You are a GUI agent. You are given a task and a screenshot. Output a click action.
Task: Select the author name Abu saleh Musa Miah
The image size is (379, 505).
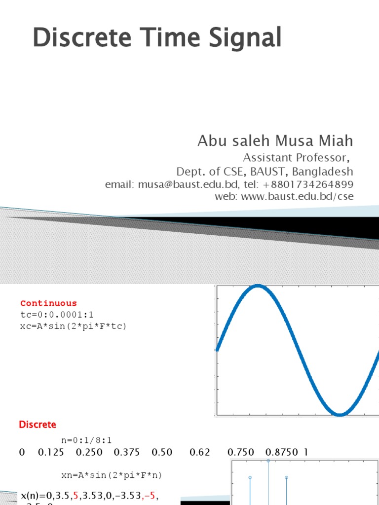click(275, 141)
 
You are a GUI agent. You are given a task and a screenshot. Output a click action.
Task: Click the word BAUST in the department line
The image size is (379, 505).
click(270, 172)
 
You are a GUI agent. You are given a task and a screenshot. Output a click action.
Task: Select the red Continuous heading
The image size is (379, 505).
click(48, 303)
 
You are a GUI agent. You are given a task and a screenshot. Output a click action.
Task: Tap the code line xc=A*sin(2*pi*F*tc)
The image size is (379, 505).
click(73, 326)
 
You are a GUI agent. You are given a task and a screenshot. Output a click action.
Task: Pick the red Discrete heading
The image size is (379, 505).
click(38, 424)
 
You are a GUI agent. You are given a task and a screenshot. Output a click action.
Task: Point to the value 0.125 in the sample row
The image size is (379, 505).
click(51, 452)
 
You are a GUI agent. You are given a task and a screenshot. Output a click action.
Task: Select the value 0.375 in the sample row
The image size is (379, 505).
click(127, 452)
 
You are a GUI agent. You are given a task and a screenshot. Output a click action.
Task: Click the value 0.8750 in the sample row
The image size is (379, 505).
click(282, 452)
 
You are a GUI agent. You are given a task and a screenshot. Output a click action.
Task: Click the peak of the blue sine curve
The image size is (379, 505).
click(257, 286)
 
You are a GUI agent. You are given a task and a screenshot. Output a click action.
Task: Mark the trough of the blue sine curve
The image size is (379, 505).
click(340, 414)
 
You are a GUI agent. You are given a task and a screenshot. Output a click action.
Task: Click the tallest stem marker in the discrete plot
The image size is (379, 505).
click(268, 461)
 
